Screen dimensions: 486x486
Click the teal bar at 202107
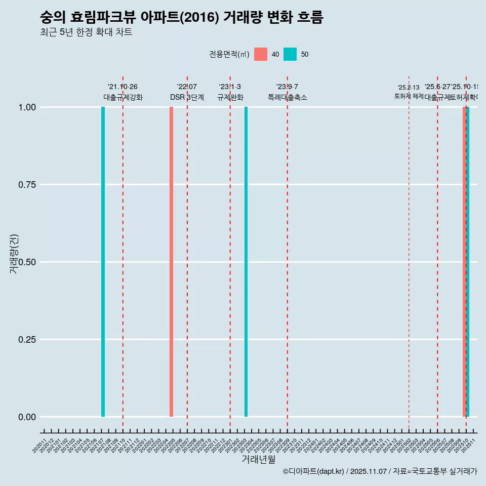pos(103,262)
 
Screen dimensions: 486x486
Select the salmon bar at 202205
pos(171,262)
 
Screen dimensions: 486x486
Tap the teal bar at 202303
pos(246,262)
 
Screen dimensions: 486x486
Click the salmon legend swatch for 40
pos(261,54)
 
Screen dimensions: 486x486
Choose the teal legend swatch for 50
pos(290,54)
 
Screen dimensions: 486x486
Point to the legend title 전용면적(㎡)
pos(229,54)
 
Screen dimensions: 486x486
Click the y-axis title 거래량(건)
pos(14,254)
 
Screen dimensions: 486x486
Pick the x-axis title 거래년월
pos(259,460)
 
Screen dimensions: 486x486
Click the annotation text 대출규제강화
pos(123,97)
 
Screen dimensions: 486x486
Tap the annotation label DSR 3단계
pos(187,97)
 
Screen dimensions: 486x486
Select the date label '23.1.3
pos(230,87)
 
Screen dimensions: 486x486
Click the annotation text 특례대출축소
pos(288,97)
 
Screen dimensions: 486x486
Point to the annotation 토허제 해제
pos(409,96)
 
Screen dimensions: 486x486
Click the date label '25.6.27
pos(437,87)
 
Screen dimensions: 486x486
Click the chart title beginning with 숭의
pos(181,17)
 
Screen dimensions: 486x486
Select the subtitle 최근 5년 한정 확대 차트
pos(86,32)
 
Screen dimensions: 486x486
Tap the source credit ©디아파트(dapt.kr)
pos(313,471)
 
